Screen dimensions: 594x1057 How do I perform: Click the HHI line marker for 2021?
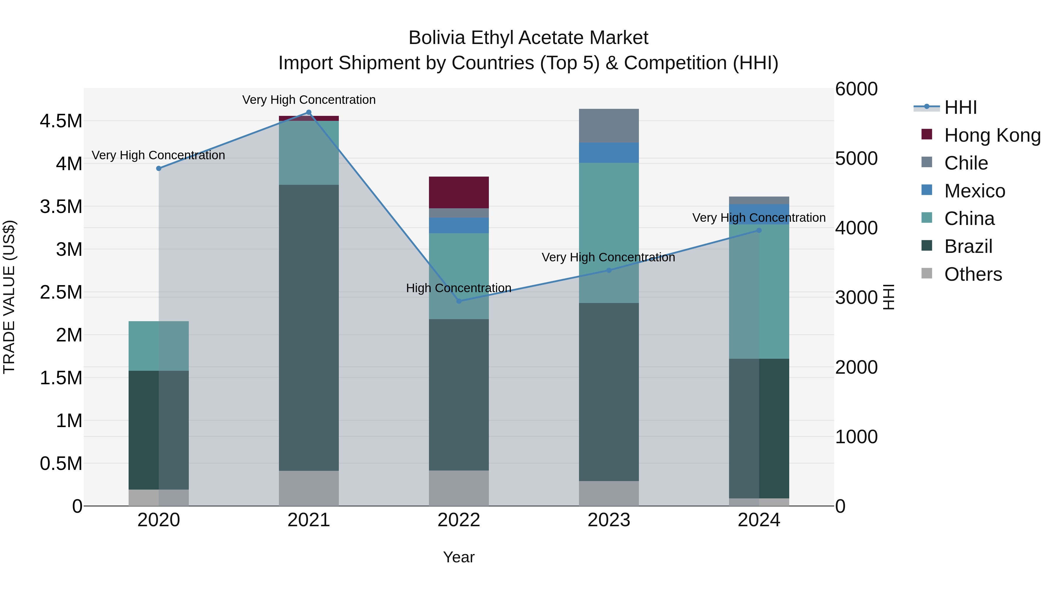[x=309, y=113]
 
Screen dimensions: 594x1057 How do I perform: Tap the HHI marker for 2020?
[x=159, y=168]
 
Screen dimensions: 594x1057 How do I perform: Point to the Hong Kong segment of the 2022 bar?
[x=459, y=192]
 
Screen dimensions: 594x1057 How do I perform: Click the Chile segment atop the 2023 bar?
[x=609, y=126]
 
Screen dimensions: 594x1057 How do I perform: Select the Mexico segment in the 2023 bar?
[x=609, y=153]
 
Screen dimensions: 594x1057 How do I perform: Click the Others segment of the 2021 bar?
[x=309, y=488]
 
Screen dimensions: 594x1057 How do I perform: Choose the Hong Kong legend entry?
[x=992, y=135]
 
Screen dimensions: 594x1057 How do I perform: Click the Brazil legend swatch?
[x=927, y=246]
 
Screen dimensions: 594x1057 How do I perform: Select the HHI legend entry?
[x=960, y=107]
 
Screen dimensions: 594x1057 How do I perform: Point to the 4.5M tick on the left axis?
[x=61, y=121]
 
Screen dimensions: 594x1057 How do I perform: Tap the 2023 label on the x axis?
[x=609, y=520]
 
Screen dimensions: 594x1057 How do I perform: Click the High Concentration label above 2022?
[x=459, y=288]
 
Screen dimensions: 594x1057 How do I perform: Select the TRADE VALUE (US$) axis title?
[x=9, y=297]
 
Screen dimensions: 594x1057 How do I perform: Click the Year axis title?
[x=459, y=557]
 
